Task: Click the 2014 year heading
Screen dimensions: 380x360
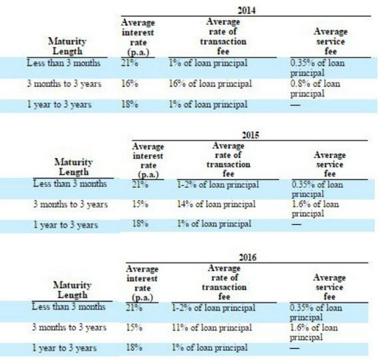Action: tap(246, 10)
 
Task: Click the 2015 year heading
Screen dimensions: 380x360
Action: tap(250, 135)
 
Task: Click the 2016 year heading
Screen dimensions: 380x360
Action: tap(248, 257)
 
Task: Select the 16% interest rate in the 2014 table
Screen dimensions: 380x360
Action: tap(130, 84)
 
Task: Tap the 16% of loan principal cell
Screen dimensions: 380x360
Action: tap(210, 84)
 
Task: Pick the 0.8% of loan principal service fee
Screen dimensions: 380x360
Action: tap(315, 89)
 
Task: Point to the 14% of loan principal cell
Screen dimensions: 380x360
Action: tap(216, 204)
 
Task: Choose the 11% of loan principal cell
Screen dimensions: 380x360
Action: tap(212, 328)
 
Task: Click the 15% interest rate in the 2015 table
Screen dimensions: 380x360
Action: tap(140, 204)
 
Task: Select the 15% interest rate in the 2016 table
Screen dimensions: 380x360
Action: tap(134, 328)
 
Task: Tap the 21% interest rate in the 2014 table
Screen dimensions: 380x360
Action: tap(130, 63)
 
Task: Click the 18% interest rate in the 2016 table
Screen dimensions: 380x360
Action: tap(134, 347)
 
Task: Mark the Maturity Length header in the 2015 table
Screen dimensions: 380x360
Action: tap(73, 167)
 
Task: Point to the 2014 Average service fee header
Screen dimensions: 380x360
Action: tap(331, 41)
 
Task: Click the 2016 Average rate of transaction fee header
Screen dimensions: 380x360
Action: tap(224, 282)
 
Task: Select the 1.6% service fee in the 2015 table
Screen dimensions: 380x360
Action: tap(315, 209)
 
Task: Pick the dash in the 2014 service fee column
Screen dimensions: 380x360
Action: tap(295, 105)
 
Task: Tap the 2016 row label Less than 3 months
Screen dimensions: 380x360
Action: tap(69, 307)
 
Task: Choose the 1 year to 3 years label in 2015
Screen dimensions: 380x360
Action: tap(66, 225)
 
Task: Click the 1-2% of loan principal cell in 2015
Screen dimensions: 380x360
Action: tap(218, 185)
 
